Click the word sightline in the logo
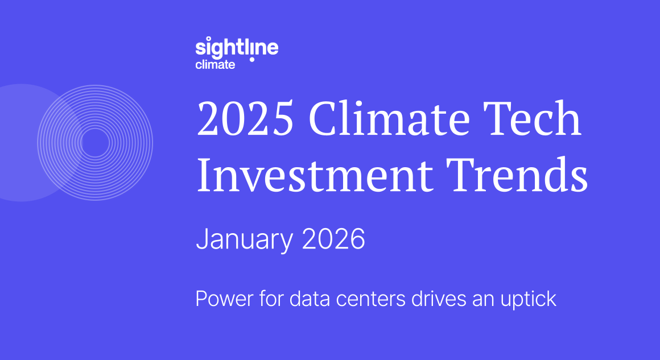237,47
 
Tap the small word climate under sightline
215,65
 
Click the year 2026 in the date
333,240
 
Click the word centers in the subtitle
360,299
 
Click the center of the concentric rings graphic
95,142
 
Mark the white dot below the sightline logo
251,59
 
